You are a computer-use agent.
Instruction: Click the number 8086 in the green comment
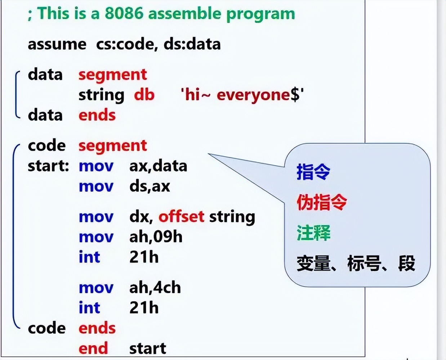tap(124, 13)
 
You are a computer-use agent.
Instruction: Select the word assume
tap(57, 45)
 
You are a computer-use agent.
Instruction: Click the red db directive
tap(144, 95)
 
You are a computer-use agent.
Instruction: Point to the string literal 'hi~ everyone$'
tap(242, 95)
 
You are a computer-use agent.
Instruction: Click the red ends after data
tap(97, 115)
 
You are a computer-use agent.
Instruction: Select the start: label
tap(48, 166)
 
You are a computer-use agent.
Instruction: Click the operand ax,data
tap(158, 166)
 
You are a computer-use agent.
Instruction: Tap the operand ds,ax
tap(150, 186)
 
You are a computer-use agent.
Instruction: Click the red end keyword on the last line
tap(93, 348)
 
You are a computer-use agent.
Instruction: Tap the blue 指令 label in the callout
tap(313, 172)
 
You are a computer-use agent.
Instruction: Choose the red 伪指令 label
tap(322, 202)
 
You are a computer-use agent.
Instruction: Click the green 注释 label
tap(313, 233)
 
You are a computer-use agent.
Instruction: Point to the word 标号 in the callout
tap(364, 263)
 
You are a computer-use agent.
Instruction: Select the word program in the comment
tap(261, 14)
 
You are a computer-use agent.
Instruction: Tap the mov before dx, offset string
tap(96, 217)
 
